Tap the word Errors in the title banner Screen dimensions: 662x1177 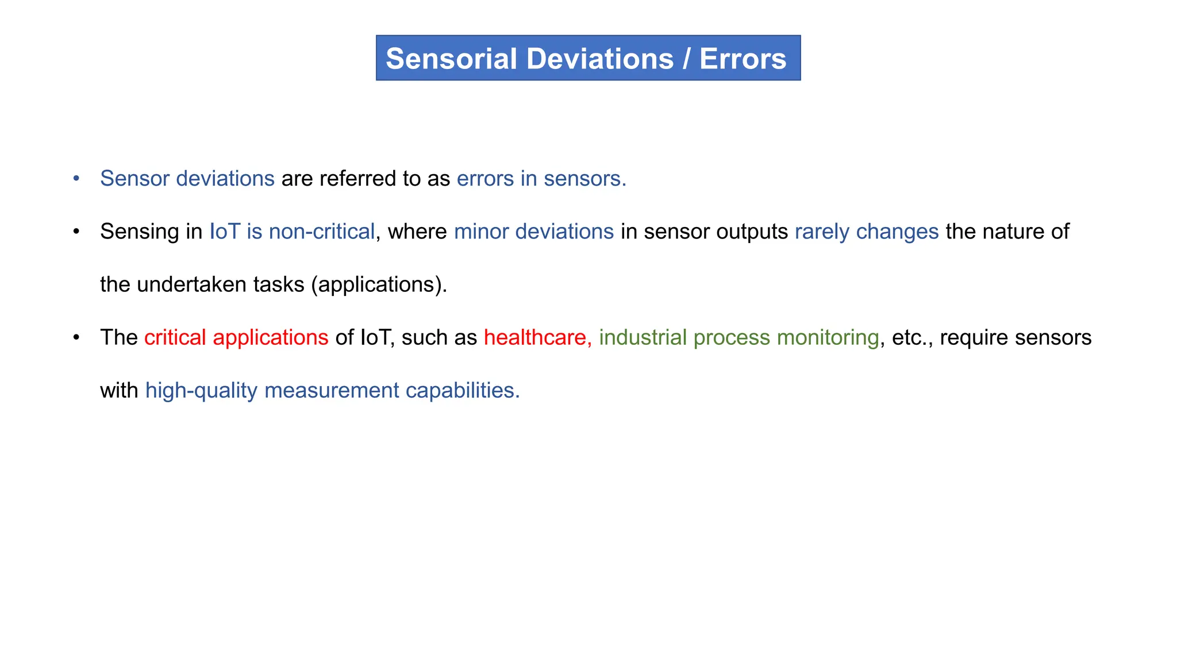[743, 59]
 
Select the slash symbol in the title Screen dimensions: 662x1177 [686, 59]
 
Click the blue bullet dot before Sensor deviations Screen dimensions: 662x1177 [76, 179]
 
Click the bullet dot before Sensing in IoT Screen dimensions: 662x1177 [76, 232]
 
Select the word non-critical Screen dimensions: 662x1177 [322, 232]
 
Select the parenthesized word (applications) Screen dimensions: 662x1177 [379, 285]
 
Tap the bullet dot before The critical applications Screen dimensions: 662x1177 [76, 337]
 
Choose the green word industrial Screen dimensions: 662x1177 [643, 337]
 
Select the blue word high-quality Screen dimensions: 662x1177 [201, 391]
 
